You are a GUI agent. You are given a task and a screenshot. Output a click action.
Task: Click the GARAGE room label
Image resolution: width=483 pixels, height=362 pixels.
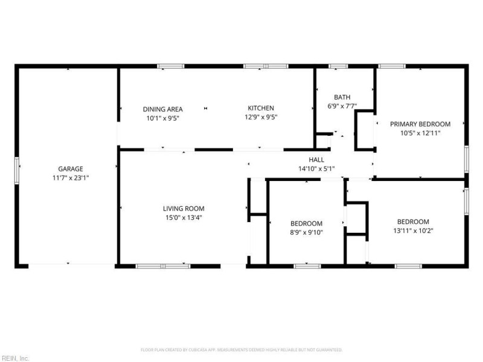pos(71,169)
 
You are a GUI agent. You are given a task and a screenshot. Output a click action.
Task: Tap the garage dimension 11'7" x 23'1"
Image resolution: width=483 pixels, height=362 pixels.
pos(71,177)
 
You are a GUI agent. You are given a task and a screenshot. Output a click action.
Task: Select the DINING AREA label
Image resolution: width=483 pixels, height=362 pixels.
pos(162,109)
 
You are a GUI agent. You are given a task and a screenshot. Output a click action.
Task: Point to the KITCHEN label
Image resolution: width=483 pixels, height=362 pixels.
pos(261,108)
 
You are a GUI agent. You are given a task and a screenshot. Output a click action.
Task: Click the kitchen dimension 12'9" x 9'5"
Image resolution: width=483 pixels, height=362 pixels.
pos(261,117)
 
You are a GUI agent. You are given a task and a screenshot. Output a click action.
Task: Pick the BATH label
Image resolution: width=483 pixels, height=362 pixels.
pos(342,97)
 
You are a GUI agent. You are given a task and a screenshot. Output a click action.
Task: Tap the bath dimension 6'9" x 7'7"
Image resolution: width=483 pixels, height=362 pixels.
pos(342,106)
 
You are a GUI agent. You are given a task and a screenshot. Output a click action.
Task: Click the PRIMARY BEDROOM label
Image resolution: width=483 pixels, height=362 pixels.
pos(420,124)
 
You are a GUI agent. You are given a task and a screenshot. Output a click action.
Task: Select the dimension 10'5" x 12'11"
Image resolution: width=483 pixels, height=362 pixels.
pos(420,133)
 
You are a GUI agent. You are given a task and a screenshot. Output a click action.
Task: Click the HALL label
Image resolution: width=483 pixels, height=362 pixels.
pos(316,160)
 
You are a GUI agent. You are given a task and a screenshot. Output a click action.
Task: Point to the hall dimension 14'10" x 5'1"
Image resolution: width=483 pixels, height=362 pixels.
pos(316,169)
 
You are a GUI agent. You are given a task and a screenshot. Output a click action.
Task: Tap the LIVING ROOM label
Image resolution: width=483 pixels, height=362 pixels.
pos(184,209)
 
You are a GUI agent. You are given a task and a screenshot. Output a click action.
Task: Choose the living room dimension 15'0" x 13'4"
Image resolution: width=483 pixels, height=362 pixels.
pos(184,218)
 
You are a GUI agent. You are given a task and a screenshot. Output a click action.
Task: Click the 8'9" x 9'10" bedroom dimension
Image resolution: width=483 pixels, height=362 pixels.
pos(306,232)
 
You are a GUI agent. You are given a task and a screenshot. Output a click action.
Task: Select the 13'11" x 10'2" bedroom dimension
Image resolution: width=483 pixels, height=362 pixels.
pos(413,230)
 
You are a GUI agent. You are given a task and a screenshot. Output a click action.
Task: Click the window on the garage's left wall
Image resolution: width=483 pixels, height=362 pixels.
pos(17,171)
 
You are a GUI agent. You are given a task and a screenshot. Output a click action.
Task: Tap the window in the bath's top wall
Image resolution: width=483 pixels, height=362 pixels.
pos(338,66)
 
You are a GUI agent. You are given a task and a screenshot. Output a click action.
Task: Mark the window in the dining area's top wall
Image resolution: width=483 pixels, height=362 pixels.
pos(171,66)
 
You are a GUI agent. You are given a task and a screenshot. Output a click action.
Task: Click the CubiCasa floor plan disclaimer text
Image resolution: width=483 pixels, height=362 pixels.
pos(241,350)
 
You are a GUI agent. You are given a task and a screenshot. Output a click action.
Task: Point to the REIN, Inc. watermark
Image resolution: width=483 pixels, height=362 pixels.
pos(14,358)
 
